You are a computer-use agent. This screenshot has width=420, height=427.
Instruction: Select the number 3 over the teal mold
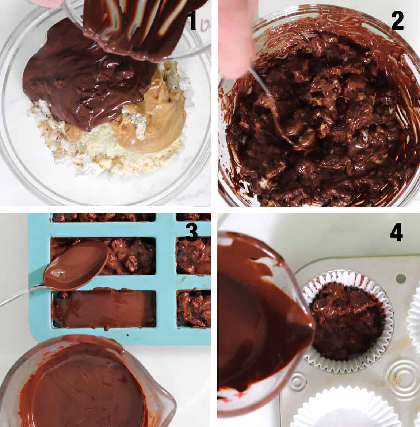click(191, 232)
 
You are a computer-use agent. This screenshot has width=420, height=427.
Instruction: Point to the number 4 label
click(396, 232)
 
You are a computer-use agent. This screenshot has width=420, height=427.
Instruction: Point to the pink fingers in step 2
click(234, 36)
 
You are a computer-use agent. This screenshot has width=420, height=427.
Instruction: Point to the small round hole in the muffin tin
click(400, 279)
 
